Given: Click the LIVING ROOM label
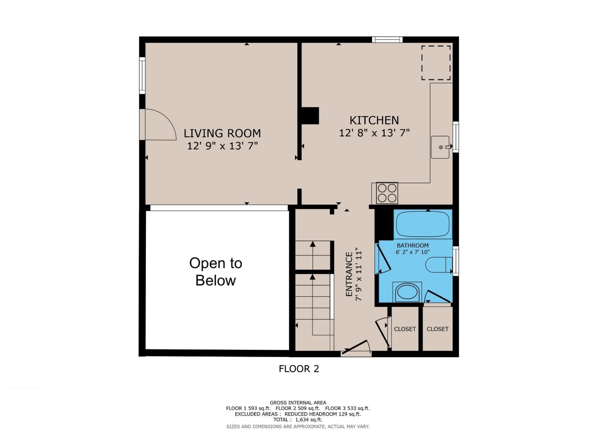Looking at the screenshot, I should point(222,133).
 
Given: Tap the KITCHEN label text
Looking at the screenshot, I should point(374,120).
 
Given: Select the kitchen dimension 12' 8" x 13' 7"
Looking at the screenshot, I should point(374,133).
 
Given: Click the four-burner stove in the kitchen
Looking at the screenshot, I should point(387,193).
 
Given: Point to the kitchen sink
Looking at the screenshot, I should point(440,147).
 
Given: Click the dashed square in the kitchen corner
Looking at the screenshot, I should point(436,63).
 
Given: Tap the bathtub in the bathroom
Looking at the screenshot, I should point(423,224).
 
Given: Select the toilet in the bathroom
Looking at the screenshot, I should point(438,265).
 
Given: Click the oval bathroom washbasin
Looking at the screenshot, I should point(407,292).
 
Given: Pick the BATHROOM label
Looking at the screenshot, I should point(413,245).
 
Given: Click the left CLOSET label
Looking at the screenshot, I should point(405,329).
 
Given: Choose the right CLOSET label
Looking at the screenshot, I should point(437,329).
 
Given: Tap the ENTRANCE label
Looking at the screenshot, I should point(349,274).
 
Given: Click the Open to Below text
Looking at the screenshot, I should point(216,272).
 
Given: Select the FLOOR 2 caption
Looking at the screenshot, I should point(299,369).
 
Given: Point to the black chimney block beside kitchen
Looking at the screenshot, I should point(310,116).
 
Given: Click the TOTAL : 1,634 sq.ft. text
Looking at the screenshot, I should point(298,420).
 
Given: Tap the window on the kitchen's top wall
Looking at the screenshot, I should point(387,40).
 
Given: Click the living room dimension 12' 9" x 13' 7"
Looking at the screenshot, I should point(222,146).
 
